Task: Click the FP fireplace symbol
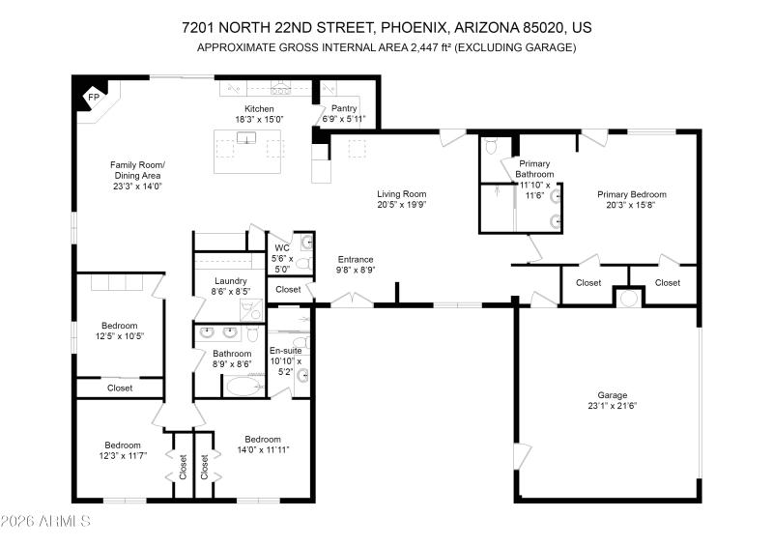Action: (93, 97)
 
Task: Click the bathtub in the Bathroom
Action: (244, 388)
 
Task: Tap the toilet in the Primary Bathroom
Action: (491, 148)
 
